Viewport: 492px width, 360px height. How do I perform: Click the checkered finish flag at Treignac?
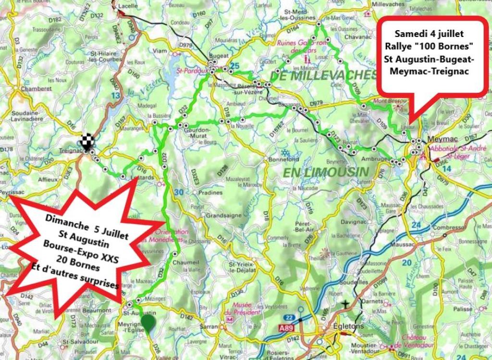[x=87, y=143]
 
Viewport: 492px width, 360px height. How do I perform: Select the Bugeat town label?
[x=219, y=56]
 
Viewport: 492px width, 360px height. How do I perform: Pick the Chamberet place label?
[x=36, y=88]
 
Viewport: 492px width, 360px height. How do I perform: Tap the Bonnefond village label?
[x=284, y=159]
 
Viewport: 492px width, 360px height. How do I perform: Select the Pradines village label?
[x=211, y=192]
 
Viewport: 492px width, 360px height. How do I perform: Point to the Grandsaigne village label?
[x=223, y=216]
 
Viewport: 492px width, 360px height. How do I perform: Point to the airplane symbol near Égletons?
[x=346, y=304]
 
